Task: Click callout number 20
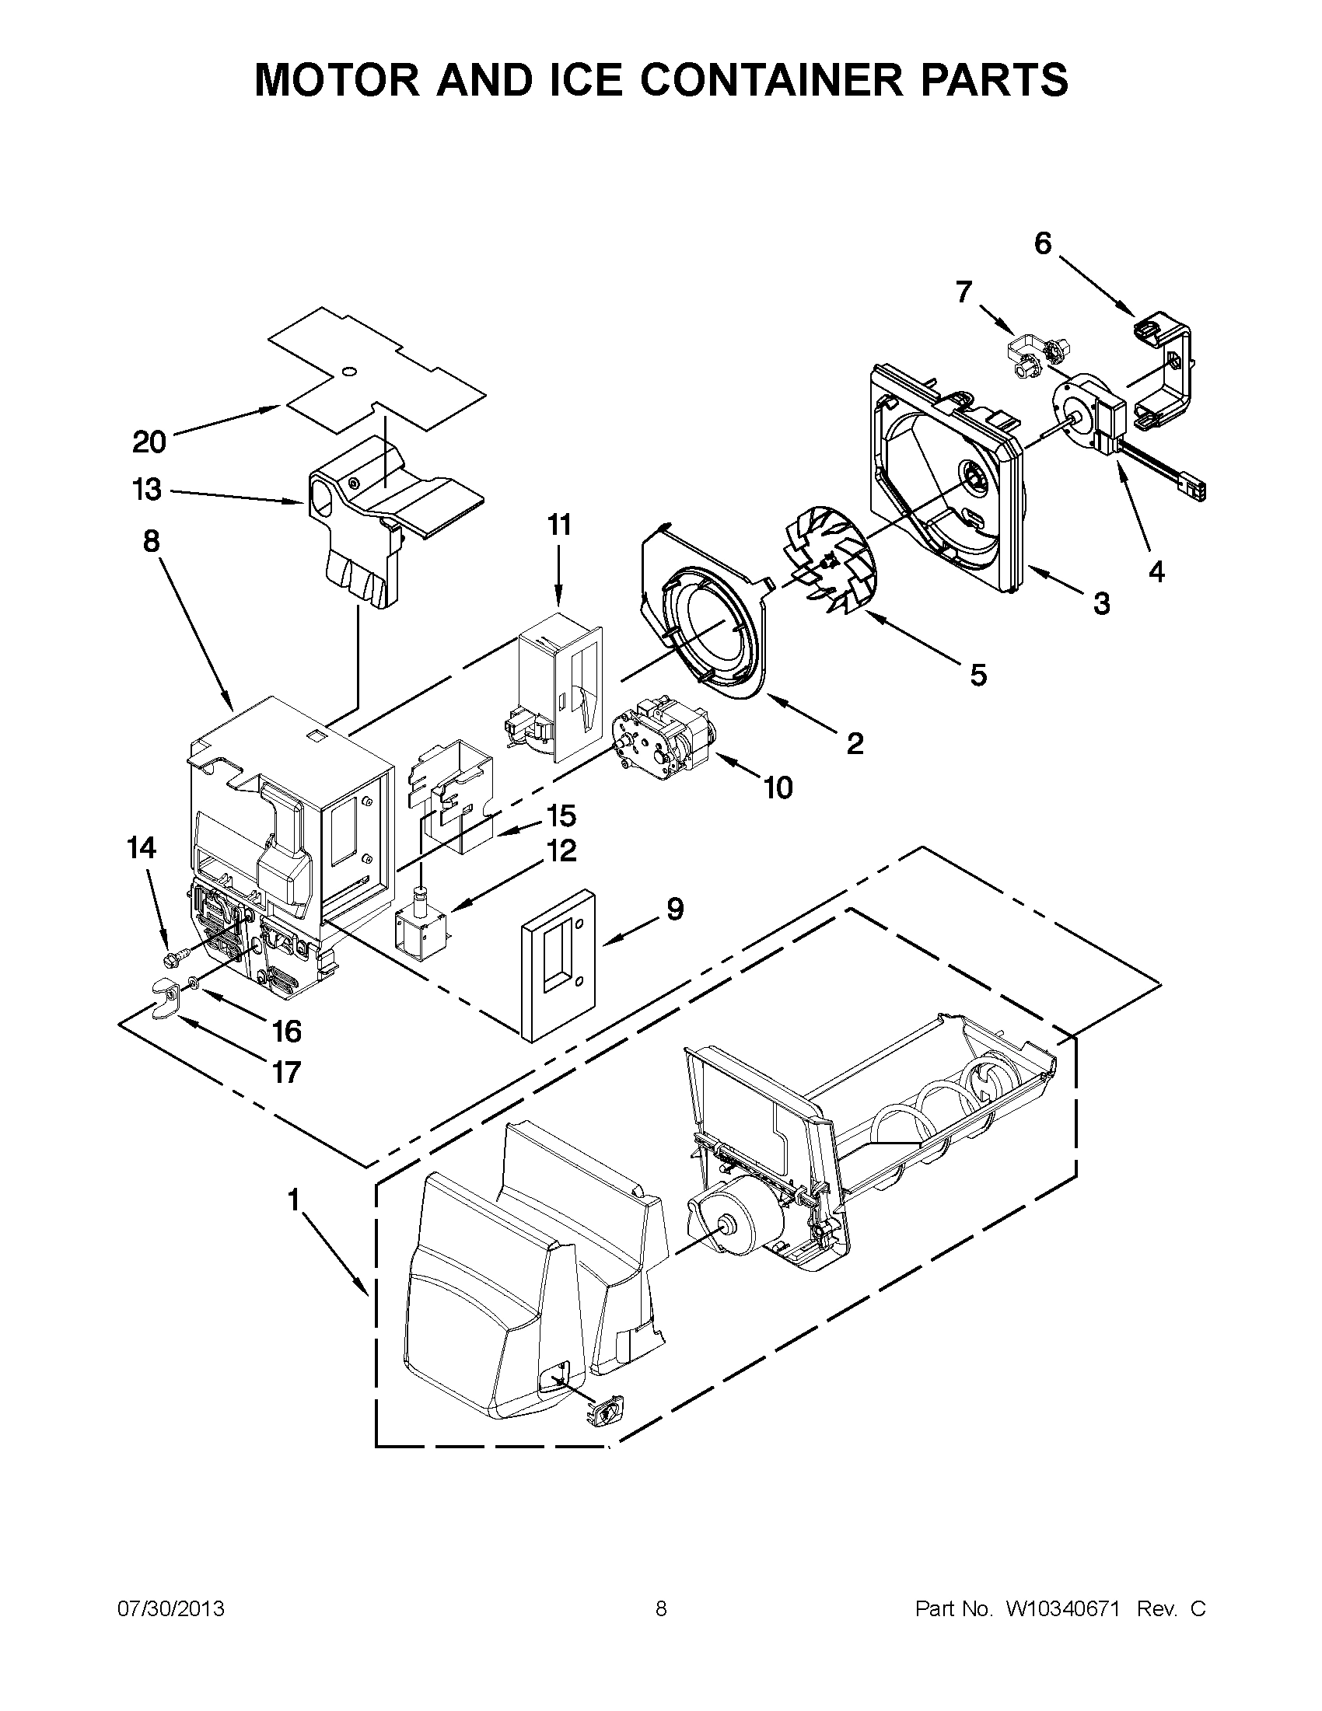point(149,442)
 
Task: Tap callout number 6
point(1042,243)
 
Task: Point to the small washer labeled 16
point(192,982)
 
